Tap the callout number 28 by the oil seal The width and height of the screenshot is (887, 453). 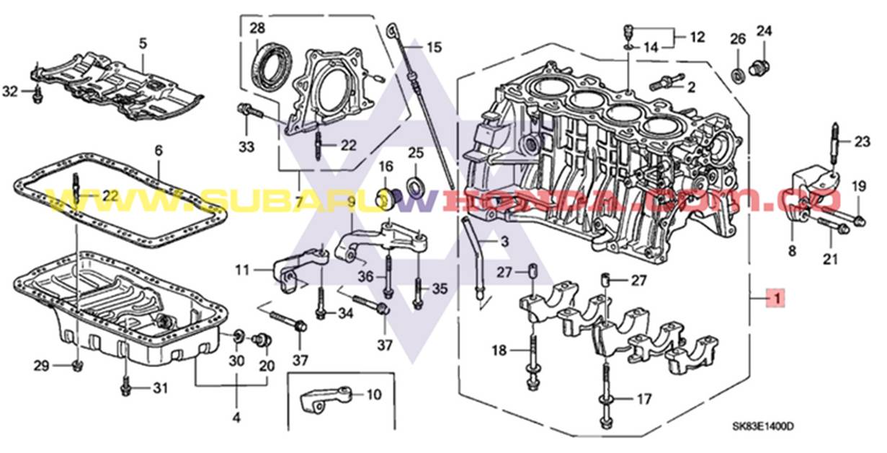257,29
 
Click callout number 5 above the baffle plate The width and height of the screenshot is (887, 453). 143,43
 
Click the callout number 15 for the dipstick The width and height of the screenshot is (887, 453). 434,48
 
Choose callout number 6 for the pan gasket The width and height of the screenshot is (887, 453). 159,150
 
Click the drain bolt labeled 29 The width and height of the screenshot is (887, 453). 77,365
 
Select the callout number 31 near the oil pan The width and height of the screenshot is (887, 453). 159,389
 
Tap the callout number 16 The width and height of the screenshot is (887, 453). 386,167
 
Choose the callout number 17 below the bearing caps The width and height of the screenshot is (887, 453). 643,398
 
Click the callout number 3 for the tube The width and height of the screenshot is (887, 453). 504,241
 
